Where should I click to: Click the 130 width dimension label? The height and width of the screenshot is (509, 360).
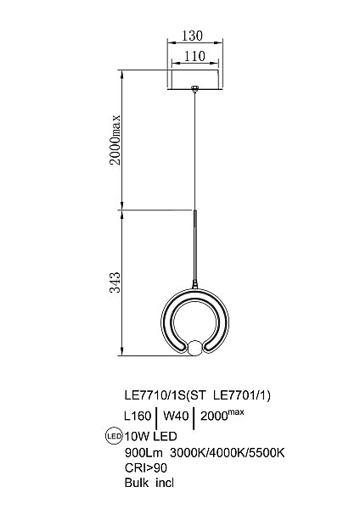click(193, 36)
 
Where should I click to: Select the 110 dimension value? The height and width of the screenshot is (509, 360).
click(194, 56)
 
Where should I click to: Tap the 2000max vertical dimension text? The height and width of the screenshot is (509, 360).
click(115, 140)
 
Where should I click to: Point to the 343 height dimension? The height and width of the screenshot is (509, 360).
click(115, 282)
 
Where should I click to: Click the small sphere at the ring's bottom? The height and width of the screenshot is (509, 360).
click(195, 348)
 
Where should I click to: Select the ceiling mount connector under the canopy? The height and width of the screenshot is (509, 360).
click(194, 88)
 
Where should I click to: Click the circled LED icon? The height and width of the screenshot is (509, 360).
click(115, 436)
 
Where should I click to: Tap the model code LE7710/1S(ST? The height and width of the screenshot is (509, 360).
click(165, 395)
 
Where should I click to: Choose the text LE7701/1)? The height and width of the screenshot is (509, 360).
click(242, 395)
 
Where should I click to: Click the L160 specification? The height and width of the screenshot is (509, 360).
click(138, 416)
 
